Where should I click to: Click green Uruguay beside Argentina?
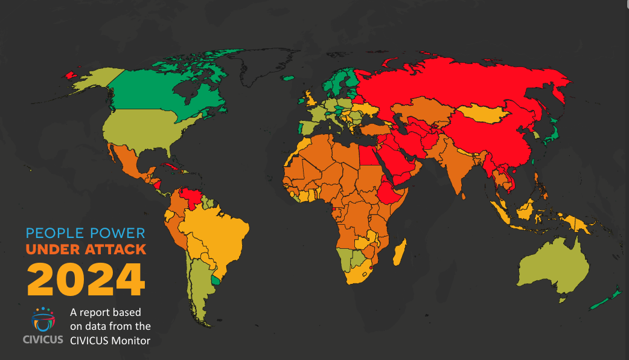coord(216,280)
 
